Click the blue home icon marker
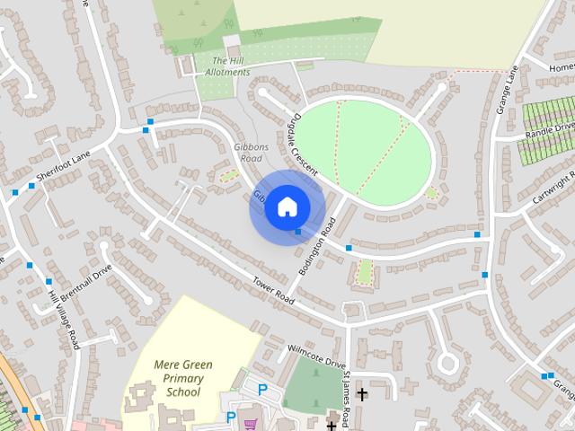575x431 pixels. [x=287, y=207]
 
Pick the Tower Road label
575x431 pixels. [x=273, y=288]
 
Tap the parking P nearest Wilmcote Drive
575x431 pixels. [x=262, y=390]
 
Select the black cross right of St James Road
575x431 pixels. [x=362, y=393]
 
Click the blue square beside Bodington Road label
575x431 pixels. [x=298, y=233]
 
